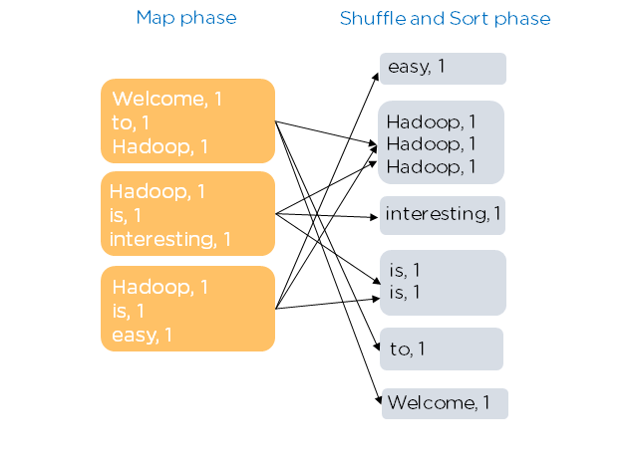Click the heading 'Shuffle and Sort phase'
pyautogui.click(x=445, y=19)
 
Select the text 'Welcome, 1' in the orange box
pyautogui.click(x=167, y=99)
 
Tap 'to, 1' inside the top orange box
pyautogui.click(x=132, y=121)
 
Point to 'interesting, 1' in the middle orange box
pyautogui.click(x=169, y=239)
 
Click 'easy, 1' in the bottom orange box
pyautogui.click(x=142, y=335)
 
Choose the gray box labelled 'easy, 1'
pyautogui.click(x=443, y=69)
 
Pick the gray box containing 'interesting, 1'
pyautogui.click(x=443, y=215)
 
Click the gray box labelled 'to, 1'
pyautogui.click(x=441, y=348)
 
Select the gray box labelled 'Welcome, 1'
pyautogui.click(x=445, y=403)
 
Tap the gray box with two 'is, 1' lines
pyautogui.click(x=443, y=282)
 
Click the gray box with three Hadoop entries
pyautogui.click(x=441, y=142)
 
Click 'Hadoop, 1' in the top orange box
pyautogui.click(x=160, y=145)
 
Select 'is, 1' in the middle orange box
pyautogui.click(x=128, y=215)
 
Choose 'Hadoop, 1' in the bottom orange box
pyautogui.click(x=160, y=288)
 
